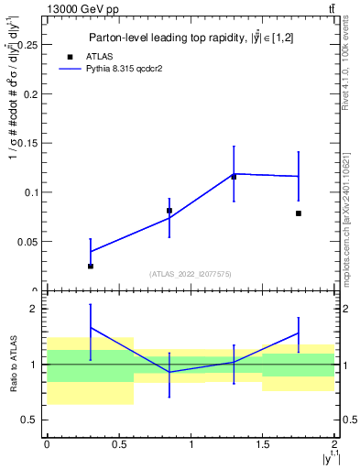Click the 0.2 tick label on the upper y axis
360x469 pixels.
30,93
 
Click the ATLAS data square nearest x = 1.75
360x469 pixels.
299,213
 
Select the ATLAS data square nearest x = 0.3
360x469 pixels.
91,266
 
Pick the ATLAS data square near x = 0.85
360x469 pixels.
169,211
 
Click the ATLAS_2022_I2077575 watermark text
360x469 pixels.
191,274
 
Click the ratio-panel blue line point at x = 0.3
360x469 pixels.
91,327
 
